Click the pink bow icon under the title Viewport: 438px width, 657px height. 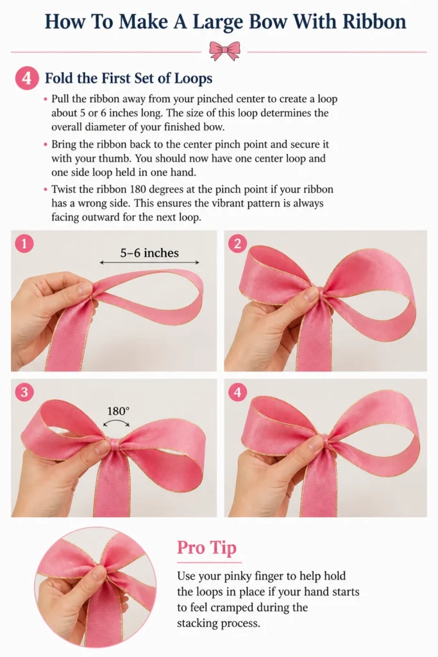pyautogui.click(x=225, y=51)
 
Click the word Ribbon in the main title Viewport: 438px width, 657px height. pyautogui.click(x=374, y=21)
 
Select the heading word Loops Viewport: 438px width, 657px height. pyautogui.click(x=193, y=78)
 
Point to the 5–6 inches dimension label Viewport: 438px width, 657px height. pyautogui.click(x=149, y=253)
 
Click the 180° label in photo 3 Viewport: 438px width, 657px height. pyautogui.click(x=119, y=411)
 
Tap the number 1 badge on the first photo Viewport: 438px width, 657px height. pyautogui.click(x=24, y=243)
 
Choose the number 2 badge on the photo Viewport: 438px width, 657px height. pyautogui.click(x=237, y=243)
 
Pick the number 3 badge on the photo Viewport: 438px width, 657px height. pyautogui.click(x=24, y=392)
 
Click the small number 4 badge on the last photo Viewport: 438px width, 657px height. pyautogui.click(x=237, y=392)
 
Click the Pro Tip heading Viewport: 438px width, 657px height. pyautogui.click(x=207, y=548)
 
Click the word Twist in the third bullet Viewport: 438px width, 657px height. pyautogui.click(x=63, y=189)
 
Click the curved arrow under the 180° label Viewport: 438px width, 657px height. pyautogui.click(x=117, y=422)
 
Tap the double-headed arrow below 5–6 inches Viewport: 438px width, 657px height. pyautogui.click(x=149, y=262)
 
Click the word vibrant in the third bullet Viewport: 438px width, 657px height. pyautogui.click(x=178, y=203)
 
